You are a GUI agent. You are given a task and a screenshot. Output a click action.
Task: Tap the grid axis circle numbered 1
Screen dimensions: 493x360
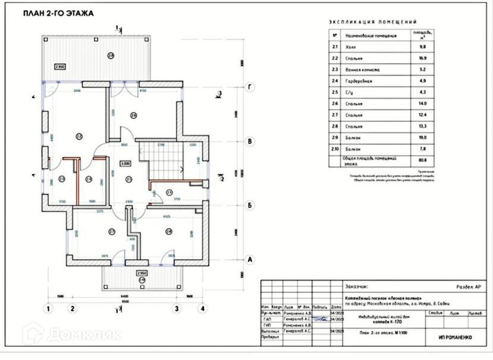pyautogui.click(x=48, y=308)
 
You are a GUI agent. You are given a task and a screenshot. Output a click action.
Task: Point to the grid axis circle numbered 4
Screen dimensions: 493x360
pyautogui.click(x=203, y=308)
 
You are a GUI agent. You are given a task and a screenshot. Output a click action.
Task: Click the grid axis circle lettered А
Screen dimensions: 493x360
pyautogui.click(x=251, y=260)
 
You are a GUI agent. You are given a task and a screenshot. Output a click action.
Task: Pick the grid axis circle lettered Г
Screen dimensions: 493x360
pyautogui.click(x=251, y=87)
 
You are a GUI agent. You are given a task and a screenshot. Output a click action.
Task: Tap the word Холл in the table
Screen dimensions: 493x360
pyautogui.click(x=353, y=47)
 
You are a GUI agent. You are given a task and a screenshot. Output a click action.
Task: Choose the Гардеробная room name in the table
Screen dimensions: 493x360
pyautogui.click(x=360, y=81)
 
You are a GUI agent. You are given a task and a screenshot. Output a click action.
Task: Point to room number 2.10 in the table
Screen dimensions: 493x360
pyautogui.click(x=335, y=148)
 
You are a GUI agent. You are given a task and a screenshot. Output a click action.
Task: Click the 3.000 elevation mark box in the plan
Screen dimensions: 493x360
pyautogui.click(x=125, y=162)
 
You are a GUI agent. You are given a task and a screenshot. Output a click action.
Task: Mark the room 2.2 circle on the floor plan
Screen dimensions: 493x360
pyautogui.click(x=78, y=136)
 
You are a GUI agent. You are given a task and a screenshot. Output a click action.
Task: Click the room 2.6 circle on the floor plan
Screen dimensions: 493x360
pyautogui.click(x=134, y=115)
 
